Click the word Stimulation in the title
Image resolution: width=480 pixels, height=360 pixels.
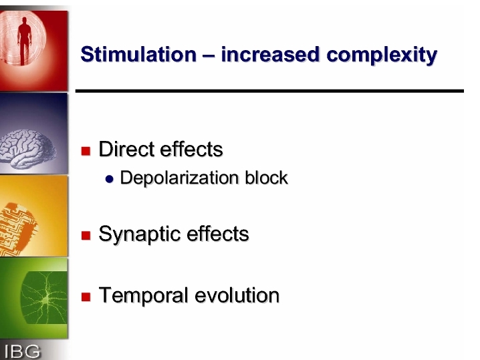click(138, 55)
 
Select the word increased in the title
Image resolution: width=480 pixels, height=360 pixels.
click(270, 55)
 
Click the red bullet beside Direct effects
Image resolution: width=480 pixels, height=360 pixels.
click(86, 151)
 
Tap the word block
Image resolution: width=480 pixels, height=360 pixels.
click(266, 178)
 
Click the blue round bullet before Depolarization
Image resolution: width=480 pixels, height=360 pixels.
click(109, 179)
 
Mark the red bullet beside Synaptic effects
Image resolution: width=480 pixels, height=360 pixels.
click(86, 236)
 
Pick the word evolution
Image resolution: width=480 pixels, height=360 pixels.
click(237, 295)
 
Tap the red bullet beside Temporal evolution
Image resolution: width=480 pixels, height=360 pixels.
click(86, 297)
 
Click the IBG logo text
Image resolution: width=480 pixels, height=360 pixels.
click(22, 351)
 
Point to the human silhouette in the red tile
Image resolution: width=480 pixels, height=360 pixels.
click(25, 40)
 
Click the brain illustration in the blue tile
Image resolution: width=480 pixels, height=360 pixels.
click(27, 149)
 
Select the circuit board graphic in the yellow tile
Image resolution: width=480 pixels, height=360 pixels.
click(18, 228)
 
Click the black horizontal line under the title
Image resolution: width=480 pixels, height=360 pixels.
click(269, 91)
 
